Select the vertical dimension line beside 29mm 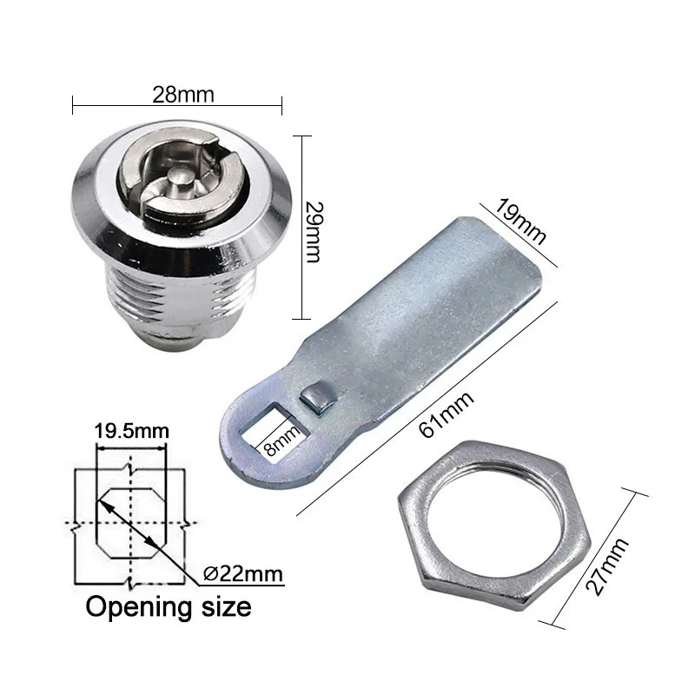301,228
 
